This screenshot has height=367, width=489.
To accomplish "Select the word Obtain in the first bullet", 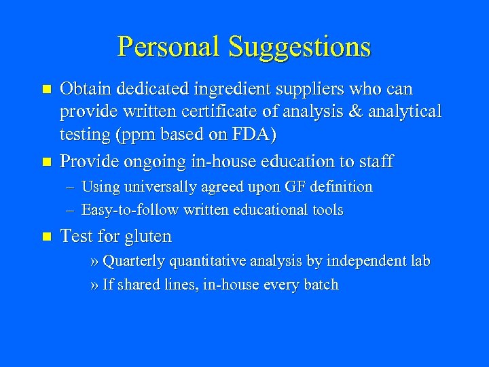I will click(x=86, y=89).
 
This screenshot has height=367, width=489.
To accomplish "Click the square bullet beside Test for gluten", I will click(x=46, y=237).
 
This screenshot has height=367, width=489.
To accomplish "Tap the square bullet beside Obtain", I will click(x=46, y=90).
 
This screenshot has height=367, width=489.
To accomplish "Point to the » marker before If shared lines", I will click(x=94, y=285).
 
